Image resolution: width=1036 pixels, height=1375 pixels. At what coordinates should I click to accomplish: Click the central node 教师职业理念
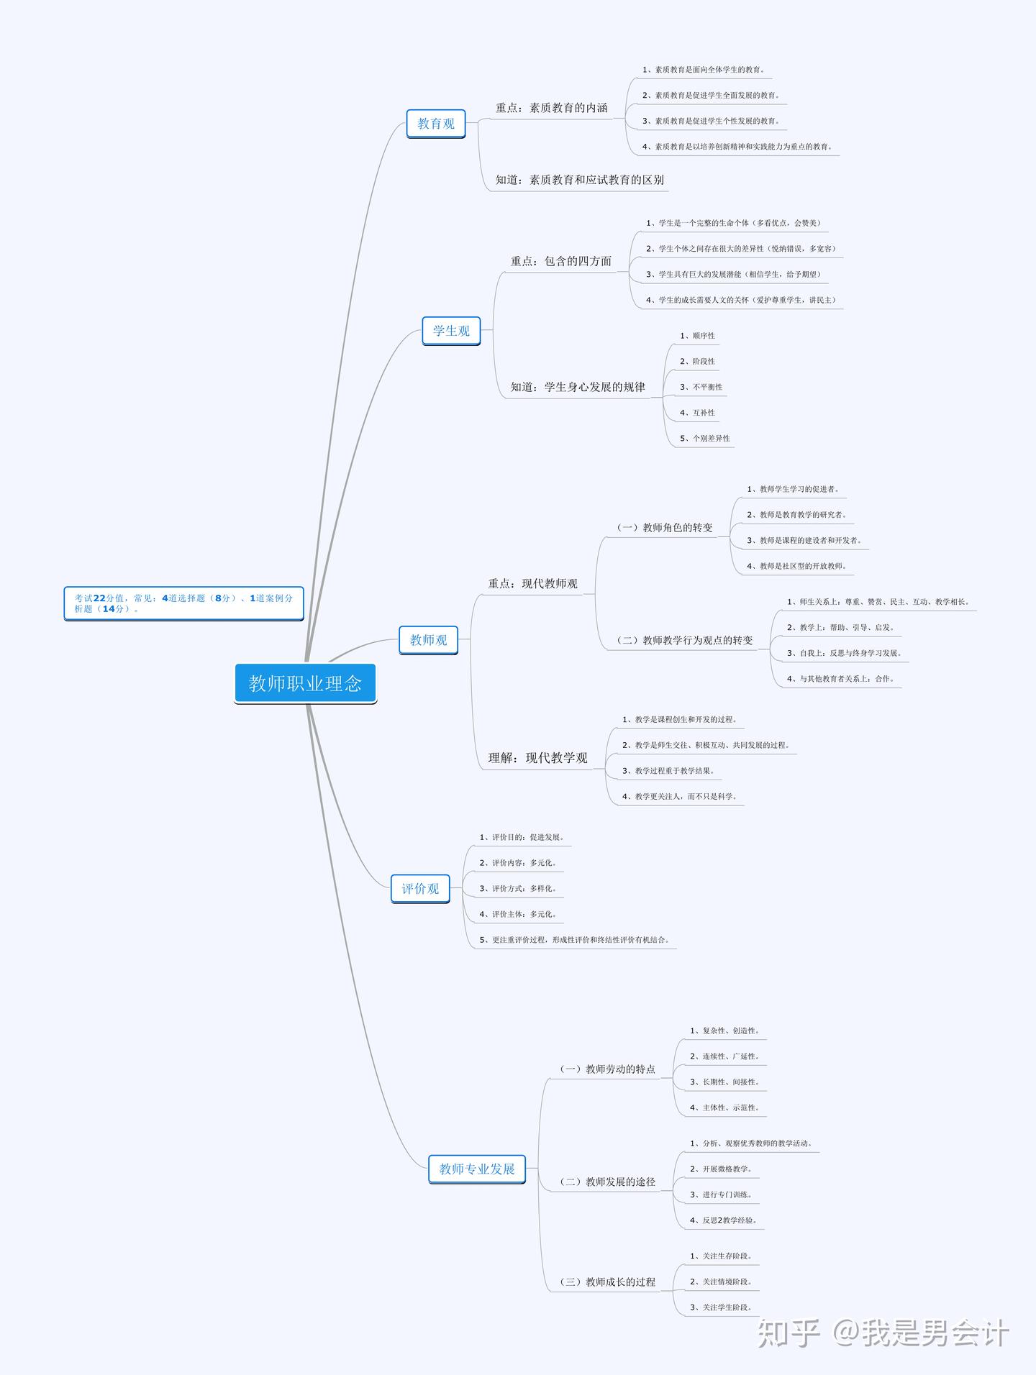click(305, 683)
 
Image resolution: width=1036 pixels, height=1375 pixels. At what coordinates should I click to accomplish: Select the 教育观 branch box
click(436, 124)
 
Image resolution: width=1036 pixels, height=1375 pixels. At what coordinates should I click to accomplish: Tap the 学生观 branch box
click(451, 331)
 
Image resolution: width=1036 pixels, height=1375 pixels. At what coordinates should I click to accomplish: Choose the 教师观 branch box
click(428, 640)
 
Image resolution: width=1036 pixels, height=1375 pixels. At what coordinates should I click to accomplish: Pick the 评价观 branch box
click(420, 889)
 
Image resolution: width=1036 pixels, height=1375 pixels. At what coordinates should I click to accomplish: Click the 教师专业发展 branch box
click(477, 1169)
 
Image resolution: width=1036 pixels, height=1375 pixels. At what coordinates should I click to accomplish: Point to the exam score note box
click(183, 603)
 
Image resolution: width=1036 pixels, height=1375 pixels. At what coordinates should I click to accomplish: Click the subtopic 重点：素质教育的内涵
click(552, 108)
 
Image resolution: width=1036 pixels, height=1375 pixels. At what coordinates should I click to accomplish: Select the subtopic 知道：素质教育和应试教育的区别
click(580, 180)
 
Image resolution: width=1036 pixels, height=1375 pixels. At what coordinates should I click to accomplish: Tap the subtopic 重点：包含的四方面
click(561, 261)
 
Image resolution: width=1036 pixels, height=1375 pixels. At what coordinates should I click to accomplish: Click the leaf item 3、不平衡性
click(701, 387)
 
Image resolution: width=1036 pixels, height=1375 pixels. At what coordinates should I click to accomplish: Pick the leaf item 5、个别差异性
click(705, 438)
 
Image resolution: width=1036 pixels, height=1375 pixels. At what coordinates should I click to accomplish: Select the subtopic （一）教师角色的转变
click(665, 528)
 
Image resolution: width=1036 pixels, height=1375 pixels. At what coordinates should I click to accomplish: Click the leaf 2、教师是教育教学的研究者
click(797, 515)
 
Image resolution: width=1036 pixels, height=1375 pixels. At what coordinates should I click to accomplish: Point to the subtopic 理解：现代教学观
click(538, 758)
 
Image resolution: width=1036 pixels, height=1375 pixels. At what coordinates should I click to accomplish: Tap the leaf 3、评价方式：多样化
click(518, 888)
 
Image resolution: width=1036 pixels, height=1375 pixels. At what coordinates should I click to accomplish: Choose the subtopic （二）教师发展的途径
click(608, 1182)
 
